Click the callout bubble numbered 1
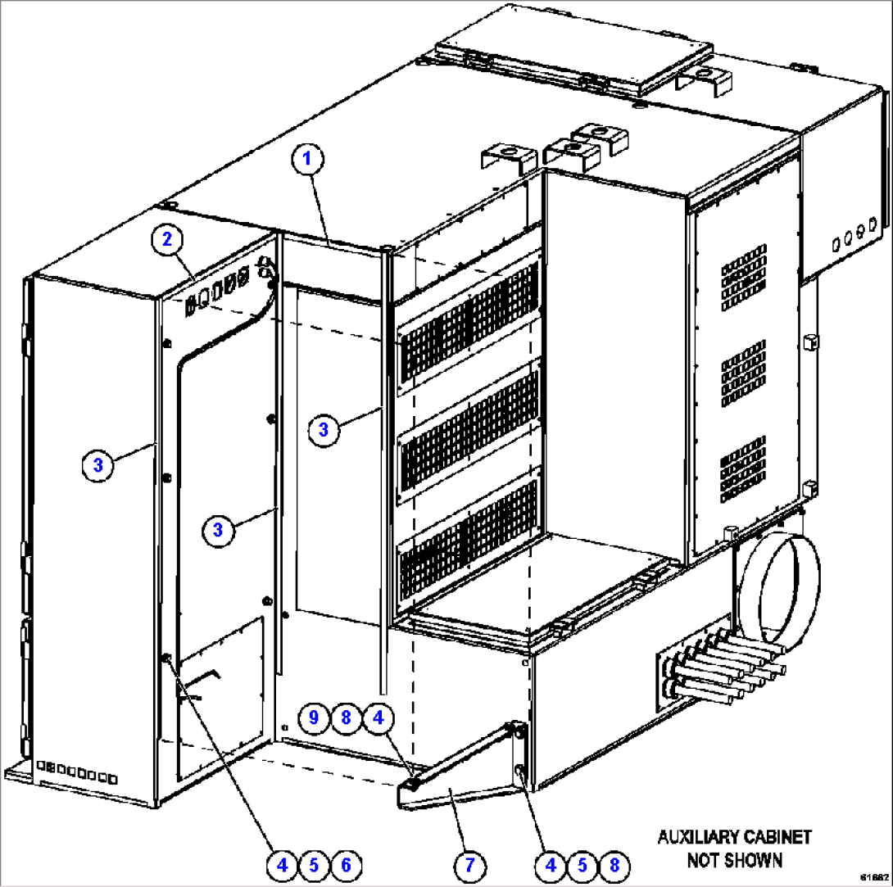click(308, 159)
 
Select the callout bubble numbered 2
click(166, 239)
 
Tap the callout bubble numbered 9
click(313, 717)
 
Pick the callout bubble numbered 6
click(345, 863)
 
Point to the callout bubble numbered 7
click(469, 863)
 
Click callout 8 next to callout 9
click(346, 717)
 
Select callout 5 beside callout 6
click(313, 863)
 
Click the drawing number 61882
click(873, 877)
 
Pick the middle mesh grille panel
click(469, 426)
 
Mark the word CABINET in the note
click(777, 837)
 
